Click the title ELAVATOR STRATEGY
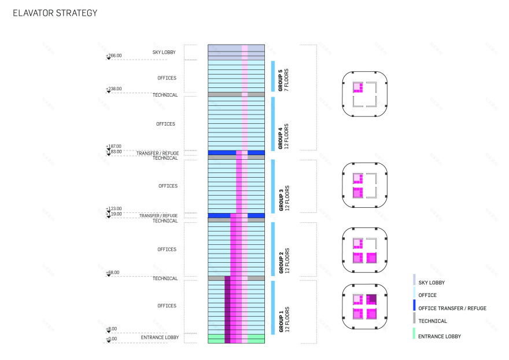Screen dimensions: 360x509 (x=55, y=13)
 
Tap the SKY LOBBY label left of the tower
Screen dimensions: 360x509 (x=164, y=52)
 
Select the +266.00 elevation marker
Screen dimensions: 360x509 (x=113, y=56)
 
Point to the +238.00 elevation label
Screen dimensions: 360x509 (x=113, y=89)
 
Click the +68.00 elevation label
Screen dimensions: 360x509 (x=113, y=272)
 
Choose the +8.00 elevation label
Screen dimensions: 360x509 (x=111, y=329)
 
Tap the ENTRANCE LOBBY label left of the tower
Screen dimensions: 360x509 (x=160, y=337)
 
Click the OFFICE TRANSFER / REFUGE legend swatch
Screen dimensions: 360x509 (x=414, y=305)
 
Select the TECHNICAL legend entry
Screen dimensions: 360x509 (x=432, y=321)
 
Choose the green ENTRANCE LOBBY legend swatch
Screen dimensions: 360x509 (x=414, y=333)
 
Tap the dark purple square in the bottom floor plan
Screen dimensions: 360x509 (x=371, y=299)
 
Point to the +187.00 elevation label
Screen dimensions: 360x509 (x=113, y=146)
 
